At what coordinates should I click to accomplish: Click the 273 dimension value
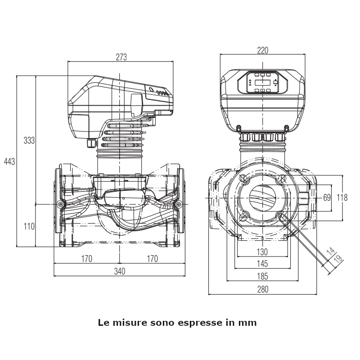(121, 57)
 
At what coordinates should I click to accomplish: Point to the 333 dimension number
(29, 140)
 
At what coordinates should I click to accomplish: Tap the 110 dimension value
(29, 226)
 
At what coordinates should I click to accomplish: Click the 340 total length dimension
(119, 271)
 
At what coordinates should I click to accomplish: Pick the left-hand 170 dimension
(86, 259)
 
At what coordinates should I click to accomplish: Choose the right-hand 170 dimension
(153, 259)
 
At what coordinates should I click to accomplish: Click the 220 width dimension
(262, 50)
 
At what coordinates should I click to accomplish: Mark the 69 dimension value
(327, 198)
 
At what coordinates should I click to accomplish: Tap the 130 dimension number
(262, 252)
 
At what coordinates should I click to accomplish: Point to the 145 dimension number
(262, 263)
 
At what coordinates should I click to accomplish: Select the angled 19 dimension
(337, 259)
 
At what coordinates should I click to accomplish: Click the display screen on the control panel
(262, 82)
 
